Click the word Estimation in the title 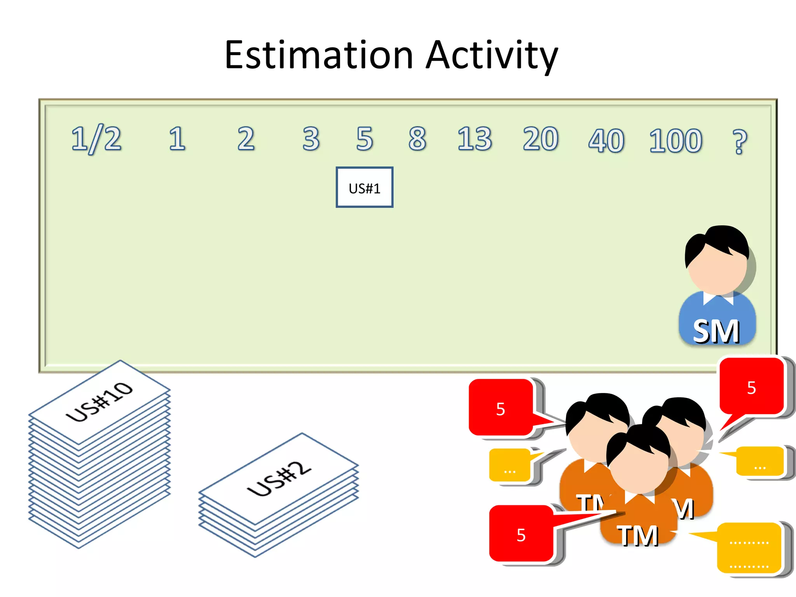point(319,55)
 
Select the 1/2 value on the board point(96,139)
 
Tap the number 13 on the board point(475,139)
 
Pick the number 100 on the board point(676,140)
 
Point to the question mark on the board point(739,141)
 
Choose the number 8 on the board point(417,139)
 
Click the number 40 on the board point(606,140)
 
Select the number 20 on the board point(541,139)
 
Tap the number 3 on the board point(311,139)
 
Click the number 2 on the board point(246,139)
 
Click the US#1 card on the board point(364,187)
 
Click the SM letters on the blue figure point(716,332)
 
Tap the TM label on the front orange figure point(638,536)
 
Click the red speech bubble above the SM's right point(751,387)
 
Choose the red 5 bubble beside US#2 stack point(521,534)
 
